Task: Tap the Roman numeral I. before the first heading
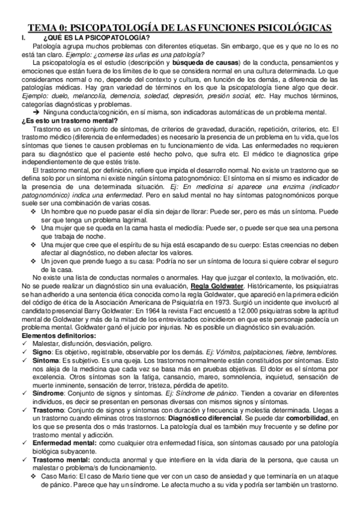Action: pyautogui.click(x=23, y=38)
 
